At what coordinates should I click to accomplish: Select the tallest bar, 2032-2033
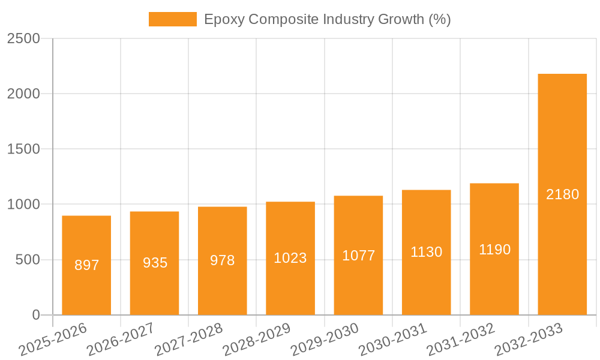click(x=562, y=150)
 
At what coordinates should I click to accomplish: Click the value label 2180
click(x=562, y=194)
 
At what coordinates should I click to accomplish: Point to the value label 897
click(x=86, y=265)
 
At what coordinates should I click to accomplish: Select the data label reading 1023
click(x=290, y=258)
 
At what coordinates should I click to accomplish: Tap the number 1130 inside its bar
click(x=426, y=252)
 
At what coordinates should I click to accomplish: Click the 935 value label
click(x=155, y=263)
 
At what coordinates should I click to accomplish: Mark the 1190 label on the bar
click(x=494, y=250)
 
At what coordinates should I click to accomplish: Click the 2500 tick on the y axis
click(x=23, y=38)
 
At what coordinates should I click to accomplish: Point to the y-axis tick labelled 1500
click(x=23, y=149)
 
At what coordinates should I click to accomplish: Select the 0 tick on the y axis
click(x=35, y=315)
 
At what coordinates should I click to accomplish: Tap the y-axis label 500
click(x=27, y=260)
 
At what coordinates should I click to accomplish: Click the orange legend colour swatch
click(x=172, y=19)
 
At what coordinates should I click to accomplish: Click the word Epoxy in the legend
click(x=224, y=20)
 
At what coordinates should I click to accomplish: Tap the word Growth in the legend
click(x=400, y=19)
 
